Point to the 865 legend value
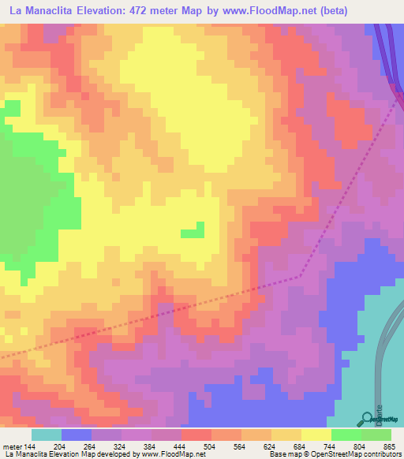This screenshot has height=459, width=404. pyautogui.click(x=387, y=446)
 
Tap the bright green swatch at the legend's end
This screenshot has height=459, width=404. pyautogui.click(x=376, y=435)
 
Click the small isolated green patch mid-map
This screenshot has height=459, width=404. pyautogui.click(x=191, y=232)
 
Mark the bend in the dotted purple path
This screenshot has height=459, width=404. pyautogui.click(x=300, y=276)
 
